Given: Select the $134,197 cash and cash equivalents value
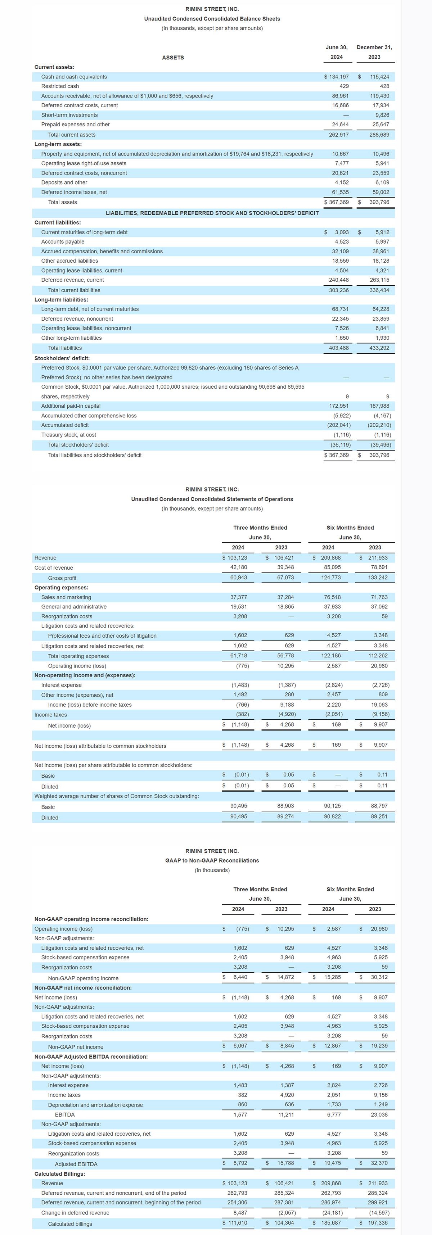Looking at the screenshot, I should [x=337, y=77].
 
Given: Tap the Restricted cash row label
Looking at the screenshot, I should [x=60, y=86].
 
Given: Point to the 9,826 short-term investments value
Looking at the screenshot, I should [x=382, y=115].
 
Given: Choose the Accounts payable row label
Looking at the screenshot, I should [x=63, y=241].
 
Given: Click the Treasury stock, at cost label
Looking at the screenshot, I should [x=68, y=435].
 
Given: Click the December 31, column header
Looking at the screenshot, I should [x=374, y=47].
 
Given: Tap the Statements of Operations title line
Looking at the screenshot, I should [x=212, y=499].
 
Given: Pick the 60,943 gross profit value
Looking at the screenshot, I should [x=239, y=578].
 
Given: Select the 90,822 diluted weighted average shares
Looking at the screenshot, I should [x=332, y=816].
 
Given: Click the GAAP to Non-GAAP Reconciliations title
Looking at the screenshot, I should [x=212, y=860].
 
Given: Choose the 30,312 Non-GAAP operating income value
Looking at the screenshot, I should [x=379, y=977].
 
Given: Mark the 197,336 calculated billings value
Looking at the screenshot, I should [x=379, y=1223].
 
